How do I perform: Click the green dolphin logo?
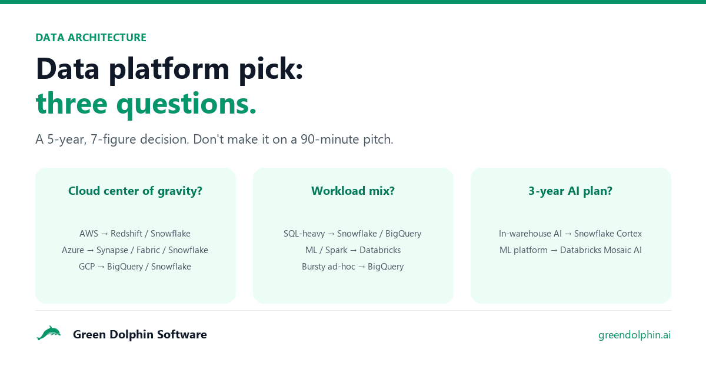[48, 333]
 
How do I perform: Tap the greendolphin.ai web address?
[634, 335]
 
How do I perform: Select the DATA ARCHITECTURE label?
[91, 38]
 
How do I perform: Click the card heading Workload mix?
[353, 191]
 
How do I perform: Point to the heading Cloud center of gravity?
[135, 191]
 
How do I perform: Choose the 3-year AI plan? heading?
[571, 191]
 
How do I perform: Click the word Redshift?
[126, 234]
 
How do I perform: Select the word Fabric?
[148, 250]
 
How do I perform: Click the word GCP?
[86, 267]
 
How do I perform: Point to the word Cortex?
[629, 234]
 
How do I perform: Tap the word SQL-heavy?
[304, 234]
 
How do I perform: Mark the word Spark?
[337, 250]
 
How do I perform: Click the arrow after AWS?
[105, 234]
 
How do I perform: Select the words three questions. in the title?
[146, 104]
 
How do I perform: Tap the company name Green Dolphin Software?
[140, 334]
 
